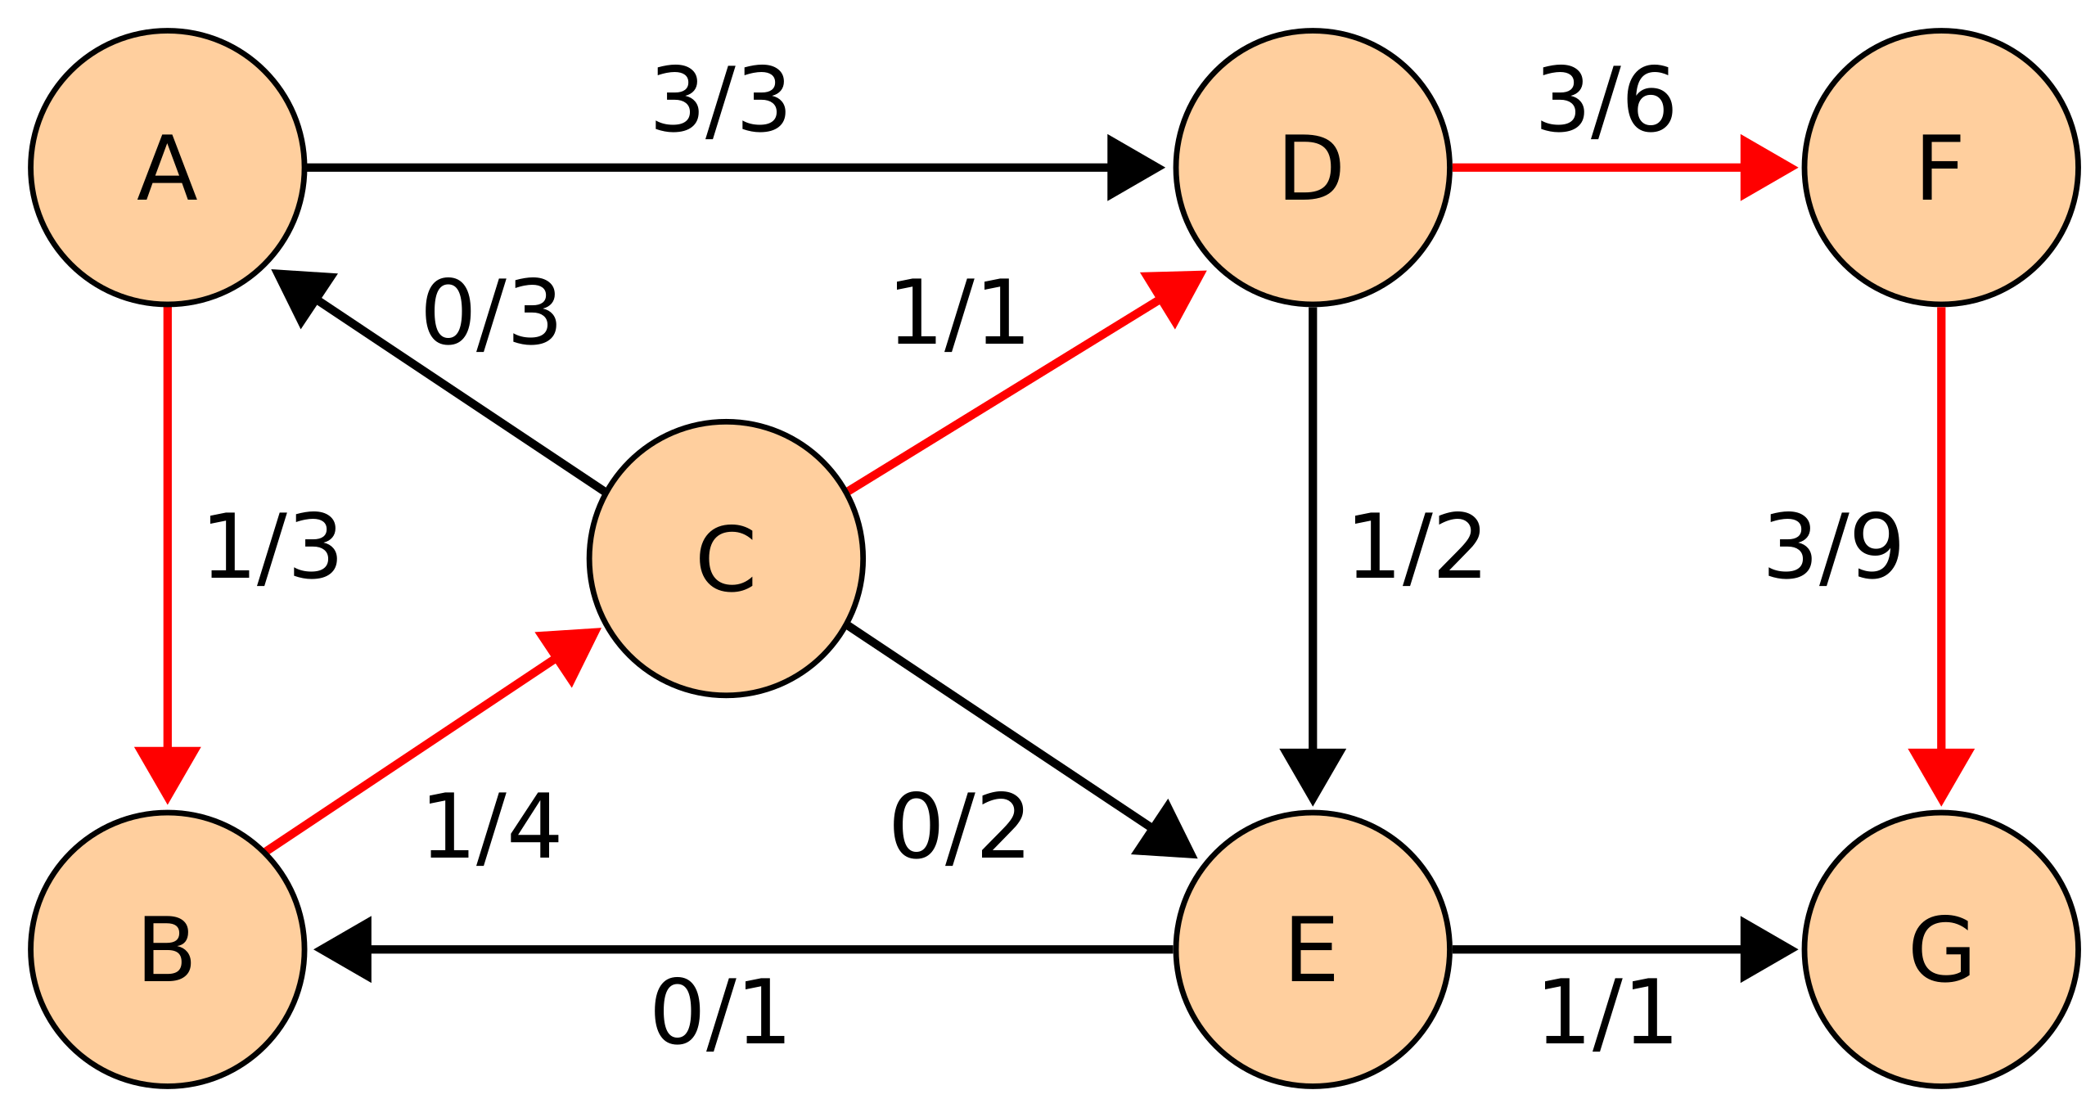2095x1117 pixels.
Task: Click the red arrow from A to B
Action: coord(167,524)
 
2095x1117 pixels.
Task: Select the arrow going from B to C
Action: coord(409,754)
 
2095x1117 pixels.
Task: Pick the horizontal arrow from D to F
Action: coord(1596,167)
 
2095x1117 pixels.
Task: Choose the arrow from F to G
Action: coord(1941,524)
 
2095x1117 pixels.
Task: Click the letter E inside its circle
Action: coord(1313,949)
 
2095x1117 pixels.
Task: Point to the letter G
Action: coord(1941,949)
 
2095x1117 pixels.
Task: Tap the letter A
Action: coord(167,167)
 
